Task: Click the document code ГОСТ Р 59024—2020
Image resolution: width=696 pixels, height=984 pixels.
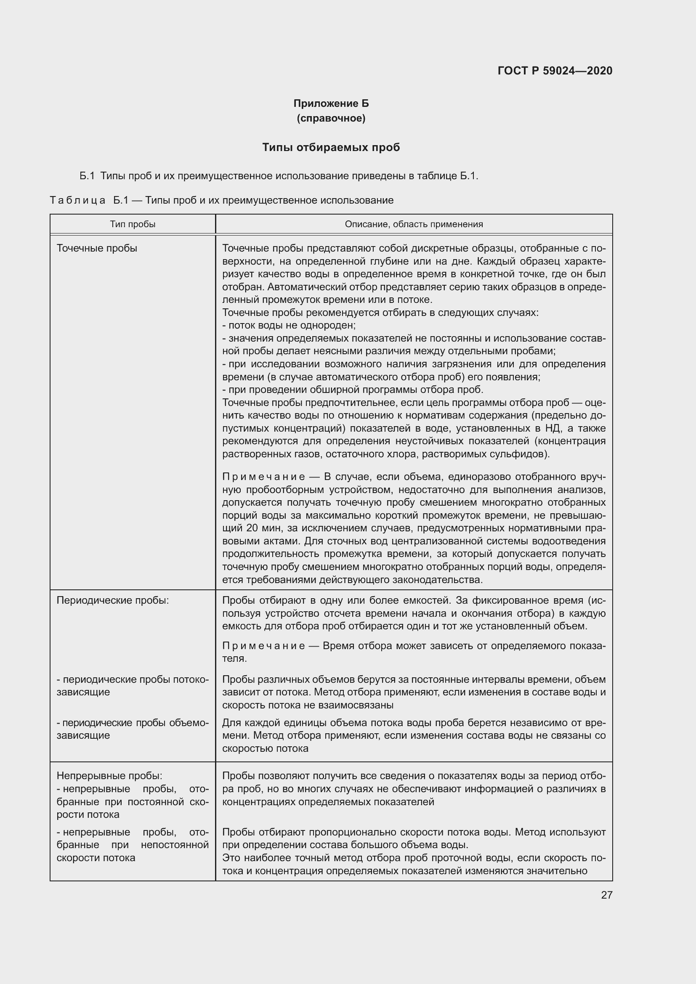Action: [555, 71]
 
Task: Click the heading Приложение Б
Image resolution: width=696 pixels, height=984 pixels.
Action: [331, 103]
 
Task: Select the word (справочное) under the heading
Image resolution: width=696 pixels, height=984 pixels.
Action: [331, 118]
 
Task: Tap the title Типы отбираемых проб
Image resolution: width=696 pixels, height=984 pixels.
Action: [331, 147]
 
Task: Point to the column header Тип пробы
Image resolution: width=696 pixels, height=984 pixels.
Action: [133, 224]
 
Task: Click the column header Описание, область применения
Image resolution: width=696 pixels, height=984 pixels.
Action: [414, 224]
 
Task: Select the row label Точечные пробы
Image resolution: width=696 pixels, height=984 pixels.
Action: [97, 249]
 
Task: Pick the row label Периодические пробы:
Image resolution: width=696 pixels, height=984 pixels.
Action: [113, 600]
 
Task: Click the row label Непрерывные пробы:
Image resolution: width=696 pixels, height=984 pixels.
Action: [109, 776]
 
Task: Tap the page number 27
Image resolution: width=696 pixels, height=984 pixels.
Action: [606, 895]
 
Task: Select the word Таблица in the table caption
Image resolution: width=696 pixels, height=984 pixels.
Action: [77, 201]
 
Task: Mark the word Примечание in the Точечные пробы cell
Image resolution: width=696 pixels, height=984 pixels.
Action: [263, 477]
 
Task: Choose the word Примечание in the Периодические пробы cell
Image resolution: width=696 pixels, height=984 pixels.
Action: [263, 646]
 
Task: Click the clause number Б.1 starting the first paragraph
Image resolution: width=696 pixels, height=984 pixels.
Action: [87, 176]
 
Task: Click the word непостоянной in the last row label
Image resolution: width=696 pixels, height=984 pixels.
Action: [175, 845]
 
